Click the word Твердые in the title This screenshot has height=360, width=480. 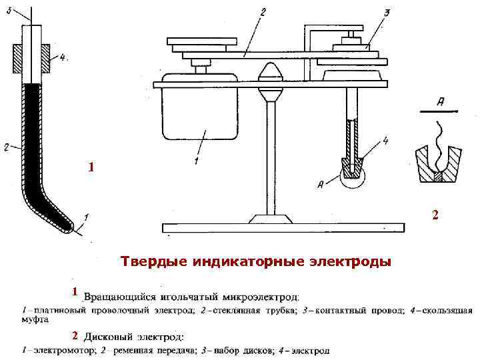[x=150, y=261]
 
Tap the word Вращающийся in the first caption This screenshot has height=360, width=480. [x=125, y=295]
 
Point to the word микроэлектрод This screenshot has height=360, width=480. [x=261, y=295]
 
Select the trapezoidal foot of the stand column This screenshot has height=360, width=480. [x=271, y=217]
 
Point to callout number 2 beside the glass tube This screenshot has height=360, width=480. [x=6, y=147]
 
